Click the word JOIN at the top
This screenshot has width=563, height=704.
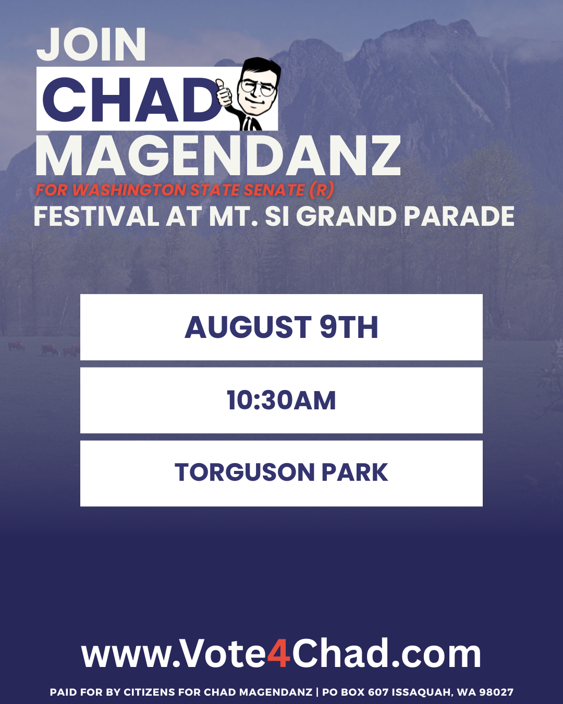(x=91, y=44)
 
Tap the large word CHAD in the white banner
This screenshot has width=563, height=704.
(x=132, y=100)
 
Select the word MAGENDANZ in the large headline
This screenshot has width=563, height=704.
(x=218, y=156)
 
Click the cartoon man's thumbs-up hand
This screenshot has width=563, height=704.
(x=224, y=93)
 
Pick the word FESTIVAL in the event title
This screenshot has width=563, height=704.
(x=96, y=216)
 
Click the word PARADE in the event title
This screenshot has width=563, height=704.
(x=459, y=216)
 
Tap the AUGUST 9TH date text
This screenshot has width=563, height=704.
(x=281, y=327)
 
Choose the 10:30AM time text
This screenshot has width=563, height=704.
(x=281, y=400)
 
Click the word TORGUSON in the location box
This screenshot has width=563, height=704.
(x=244, y=472)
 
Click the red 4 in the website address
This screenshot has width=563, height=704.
(x=279, y=653)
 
